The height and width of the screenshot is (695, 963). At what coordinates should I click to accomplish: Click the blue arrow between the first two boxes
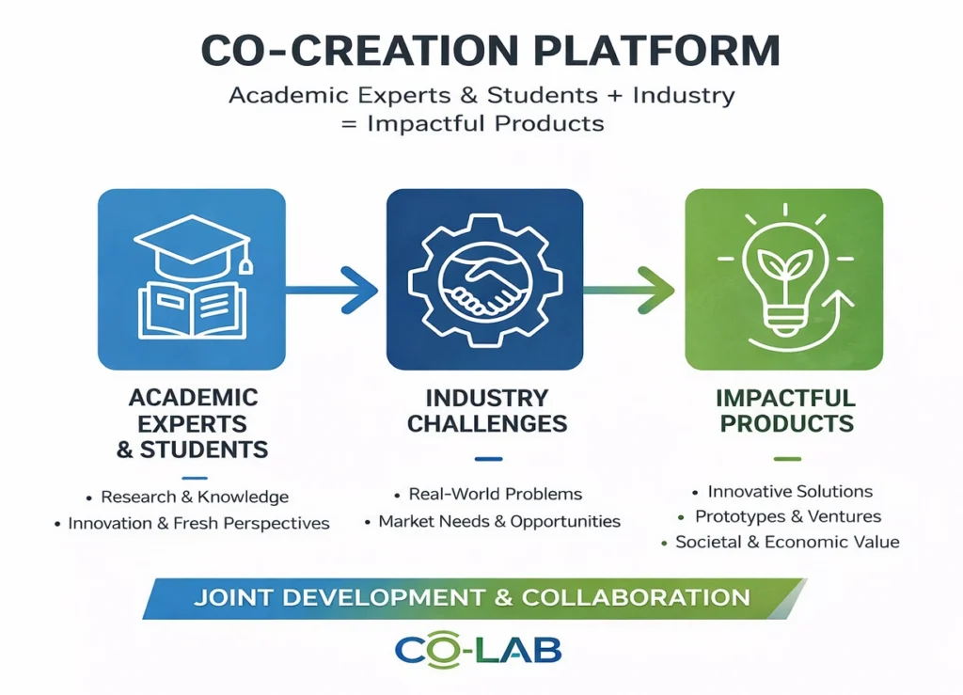point(332,290)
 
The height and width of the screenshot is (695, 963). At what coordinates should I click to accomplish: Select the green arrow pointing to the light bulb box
point(629,290)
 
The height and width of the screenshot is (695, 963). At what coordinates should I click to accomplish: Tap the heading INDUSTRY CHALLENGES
point(487,411)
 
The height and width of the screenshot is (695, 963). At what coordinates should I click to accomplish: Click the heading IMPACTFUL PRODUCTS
point(786,411)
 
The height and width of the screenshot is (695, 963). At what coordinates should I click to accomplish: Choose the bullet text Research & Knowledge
point(195,497)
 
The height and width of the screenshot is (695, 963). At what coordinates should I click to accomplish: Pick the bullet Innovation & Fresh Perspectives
point(198,523)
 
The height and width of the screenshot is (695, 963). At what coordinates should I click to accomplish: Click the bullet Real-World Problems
point(495,495)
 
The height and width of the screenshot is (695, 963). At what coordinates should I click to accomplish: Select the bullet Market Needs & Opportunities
point(499,521)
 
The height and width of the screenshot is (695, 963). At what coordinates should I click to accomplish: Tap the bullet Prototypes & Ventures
point(788,516)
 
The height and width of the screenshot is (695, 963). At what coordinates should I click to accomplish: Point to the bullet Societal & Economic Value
point(787,542)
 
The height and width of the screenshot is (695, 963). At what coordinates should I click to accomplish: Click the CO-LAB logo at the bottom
point(479,651)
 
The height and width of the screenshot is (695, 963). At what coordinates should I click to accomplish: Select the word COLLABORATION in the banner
point(637,597)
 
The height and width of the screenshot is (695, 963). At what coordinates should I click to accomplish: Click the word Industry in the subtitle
point(684,96)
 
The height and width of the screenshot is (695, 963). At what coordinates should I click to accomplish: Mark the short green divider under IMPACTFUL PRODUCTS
point(787,459)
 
